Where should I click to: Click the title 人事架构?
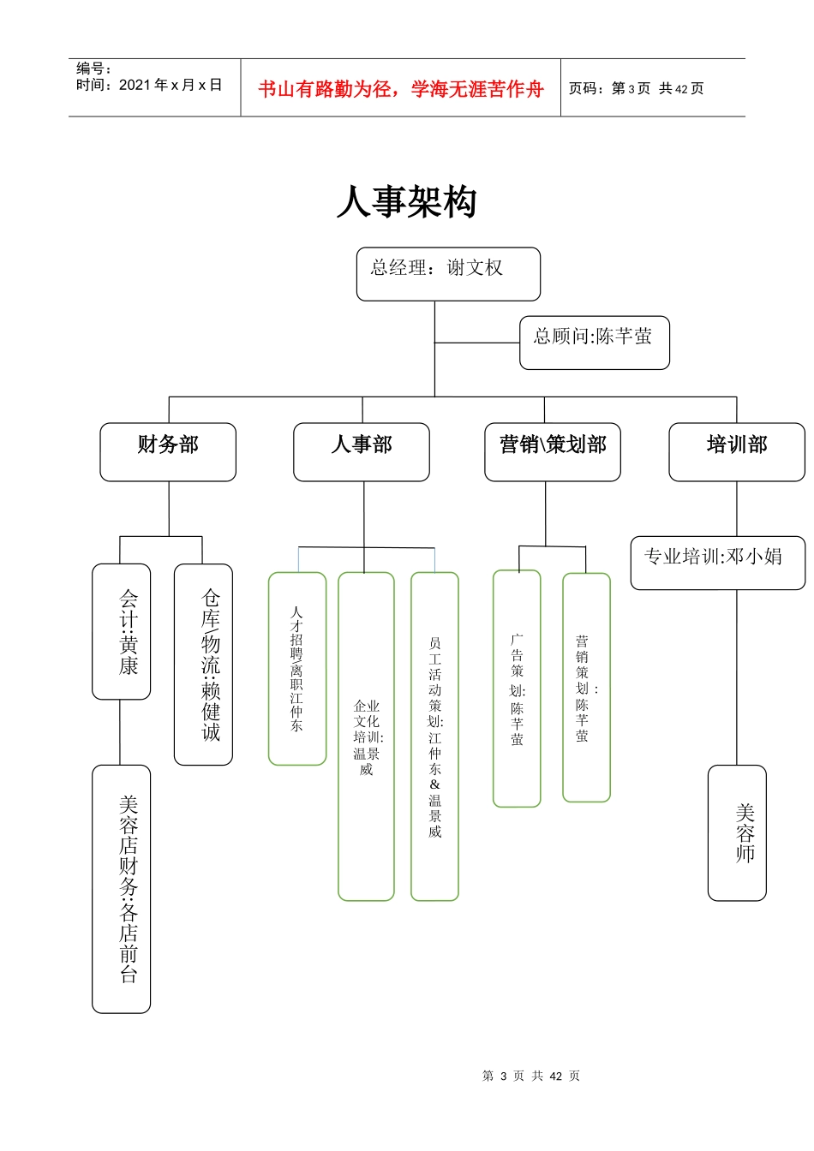[x=406, y=203]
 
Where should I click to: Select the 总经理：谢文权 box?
[x=448, y=274]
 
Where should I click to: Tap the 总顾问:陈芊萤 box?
[x=594, y=343]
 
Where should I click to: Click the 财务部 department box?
[x=168, y=451]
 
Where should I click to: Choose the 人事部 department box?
[x=361, y=451]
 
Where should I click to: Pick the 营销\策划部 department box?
[x=552, y=451]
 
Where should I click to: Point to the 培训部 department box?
[x=736, y=451]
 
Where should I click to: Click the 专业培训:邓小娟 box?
[x=717, y=563]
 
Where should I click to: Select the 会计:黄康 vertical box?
[x=122, y=631]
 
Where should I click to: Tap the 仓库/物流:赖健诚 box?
[x=203, y=664]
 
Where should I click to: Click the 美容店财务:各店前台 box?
[x=122, y=888]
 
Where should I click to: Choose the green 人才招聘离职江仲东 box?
[x=297, y=668]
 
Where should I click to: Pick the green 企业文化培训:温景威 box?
[x=366, y=737]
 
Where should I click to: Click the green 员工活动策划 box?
[x=434, y=737]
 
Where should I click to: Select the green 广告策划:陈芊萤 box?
[x=517, y=689]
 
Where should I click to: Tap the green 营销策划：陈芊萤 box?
[x=586, y=687]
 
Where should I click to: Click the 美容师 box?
[x=737, y=832]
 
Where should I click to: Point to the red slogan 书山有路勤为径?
[x=400, y=89]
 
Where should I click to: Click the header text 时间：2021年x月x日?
[x=149, y=85]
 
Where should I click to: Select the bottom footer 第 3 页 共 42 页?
[x=531, y=1076]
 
